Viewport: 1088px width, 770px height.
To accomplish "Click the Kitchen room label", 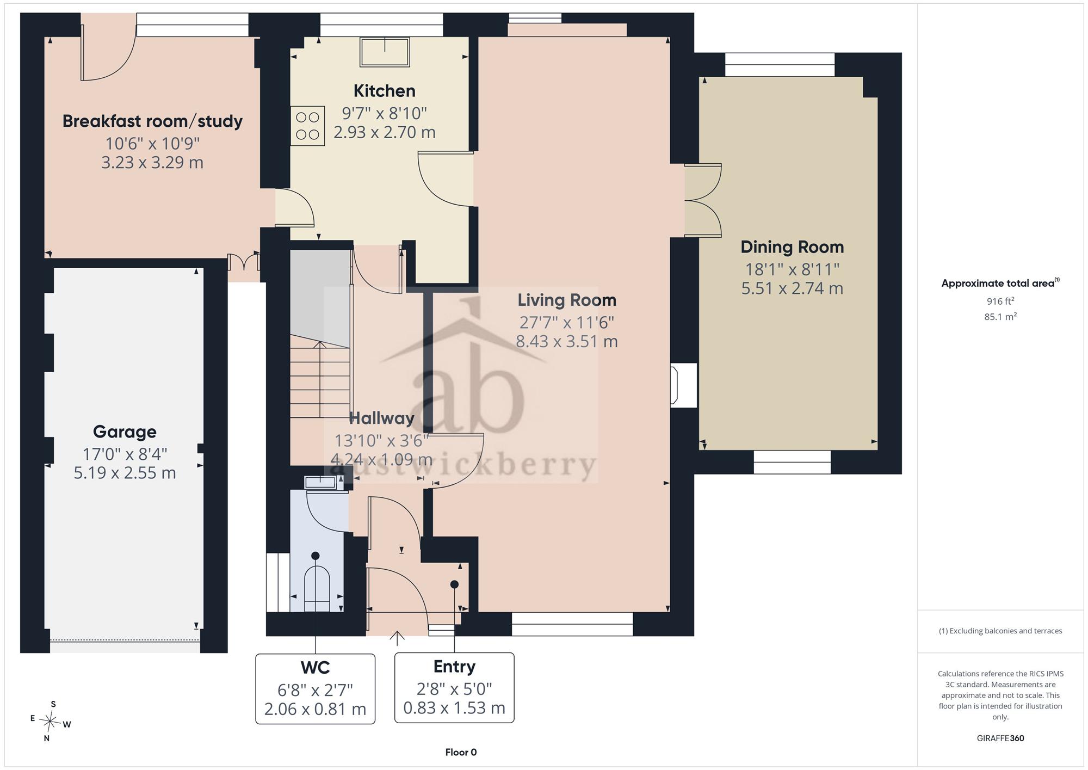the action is pos(384,90).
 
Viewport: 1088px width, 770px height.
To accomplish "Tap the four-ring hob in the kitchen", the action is pos(307,126).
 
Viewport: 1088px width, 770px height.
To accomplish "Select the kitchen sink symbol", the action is pos(385,52).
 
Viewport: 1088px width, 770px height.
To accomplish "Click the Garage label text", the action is pos(125,432).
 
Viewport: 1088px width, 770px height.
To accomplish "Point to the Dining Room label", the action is pos(792,247).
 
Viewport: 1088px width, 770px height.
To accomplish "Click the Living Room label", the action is pos(567,300).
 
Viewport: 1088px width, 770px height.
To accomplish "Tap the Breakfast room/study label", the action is pos(152,121).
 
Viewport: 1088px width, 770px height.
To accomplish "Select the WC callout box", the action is pos(316,688).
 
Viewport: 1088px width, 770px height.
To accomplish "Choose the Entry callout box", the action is pos(454,688).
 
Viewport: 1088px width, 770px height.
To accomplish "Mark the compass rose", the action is pos(51,722).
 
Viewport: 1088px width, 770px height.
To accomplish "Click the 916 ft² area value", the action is pos(1000,301).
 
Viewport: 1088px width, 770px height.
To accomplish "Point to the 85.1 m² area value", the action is pos(1000,316).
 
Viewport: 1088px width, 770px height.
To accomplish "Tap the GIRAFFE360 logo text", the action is pos(1000,738).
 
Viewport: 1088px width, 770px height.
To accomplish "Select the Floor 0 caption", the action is pos(461,753).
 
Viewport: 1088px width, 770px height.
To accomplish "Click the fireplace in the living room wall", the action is pos(684,385).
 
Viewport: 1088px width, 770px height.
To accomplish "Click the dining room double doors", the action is pos(703,200).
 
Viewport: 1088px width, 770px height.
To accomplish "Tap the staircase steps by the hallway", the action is pos(320,375).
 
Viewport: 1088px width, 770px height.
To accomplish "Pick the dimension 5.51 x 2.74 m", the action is pos(792,288).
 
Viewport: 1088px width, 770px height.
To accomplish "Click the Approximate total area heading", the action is pos(1000,283).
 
